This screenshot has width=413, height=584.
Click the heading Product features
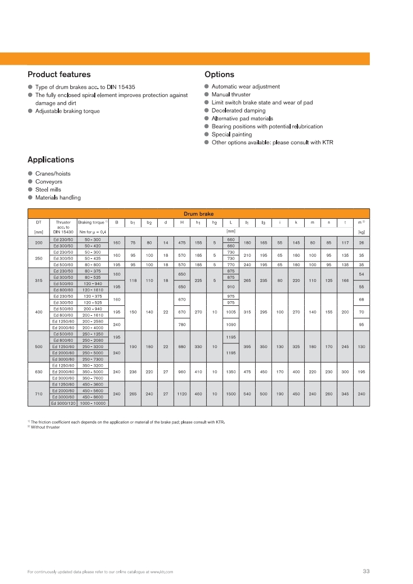click(59, 74)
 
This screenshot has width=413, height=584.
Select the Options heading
click(219, 74)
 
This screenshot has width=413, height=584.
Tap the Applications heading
click(51, 160)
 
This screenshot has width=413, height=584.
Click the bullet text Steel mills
click(48, 190)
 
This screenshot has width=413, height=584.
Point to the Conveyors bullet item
click(48, 182)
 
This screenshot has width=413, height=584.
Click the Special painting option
click(231, 134)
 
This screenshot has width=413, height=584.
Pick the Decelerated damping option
click(238, 110)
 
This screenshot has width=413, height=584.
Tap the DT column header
click(39, 222)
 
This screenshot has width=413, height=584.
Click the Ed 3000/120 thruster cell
click(63, 403)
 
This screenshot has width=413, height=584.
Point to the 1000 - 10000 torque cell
click(92, 403)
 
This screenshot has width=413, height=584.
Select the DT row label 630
click(39, 372)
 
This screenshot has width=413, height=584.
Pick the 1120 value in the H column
click(182, 393)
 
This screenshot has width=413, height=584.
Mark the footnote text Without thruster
click(45, 428)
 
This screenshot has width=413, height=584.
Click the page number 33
click(366, 571)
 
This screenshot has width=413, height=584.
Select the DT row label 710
click(39, 393)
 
